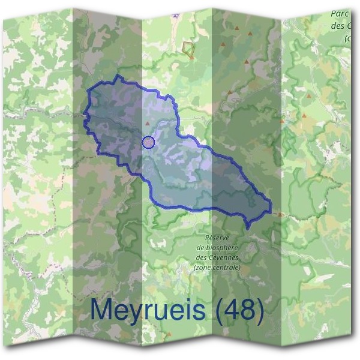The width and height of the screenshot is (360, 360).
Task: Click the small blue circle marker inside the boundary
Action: coord(149,142)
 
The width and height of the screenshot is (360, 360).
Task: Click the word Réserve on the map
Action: coord(217,238)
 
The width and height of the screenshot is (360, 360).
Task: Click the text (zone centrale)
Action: coord(217,267)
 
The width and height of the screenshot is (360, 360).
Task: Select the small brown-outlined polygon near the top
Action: coord(189,49)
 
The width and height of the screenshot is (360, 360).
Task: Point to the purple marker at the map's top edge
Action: coord(176,13)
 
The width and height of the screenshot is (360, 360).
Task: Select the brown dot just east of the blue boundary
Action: coord(280,214)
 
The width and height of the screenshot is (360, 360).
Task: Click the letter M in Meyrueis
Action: coord(102,310)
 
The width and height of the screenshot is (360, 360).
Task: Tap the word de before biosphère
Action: coord(202,247)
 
